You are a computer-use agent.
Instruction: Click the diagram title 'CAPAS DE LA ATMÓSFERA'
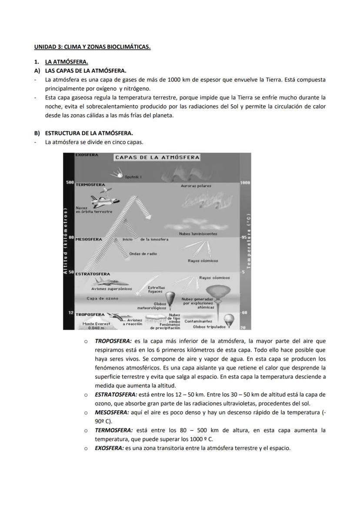[157, 157]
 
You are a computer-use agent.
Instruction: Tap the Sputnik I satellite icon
[117, 174]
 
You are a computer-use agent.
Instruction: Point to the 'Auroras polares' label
[196, 186]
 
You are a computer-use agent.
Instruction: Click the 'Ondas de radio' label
[143, 253]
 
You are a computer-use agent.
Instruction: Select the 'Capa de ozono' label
[102, 299]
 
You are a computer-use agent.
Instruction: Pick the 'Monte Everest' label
[96, 324]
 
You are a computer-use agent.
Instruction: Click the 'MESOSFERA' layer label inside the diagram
[89, 239]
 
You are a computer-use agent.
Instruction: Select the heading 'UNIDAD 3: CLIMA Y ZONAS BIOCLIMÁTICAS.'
[92, 47]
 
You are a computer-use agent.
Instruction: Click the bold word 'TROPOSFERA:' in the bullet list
[113, 341]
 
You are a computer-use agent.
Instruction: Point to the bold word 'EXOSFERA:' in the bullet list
[109, 448]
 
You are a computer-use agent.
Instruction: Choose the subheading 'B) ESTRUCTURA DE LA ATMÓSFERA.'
[83, 133]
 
